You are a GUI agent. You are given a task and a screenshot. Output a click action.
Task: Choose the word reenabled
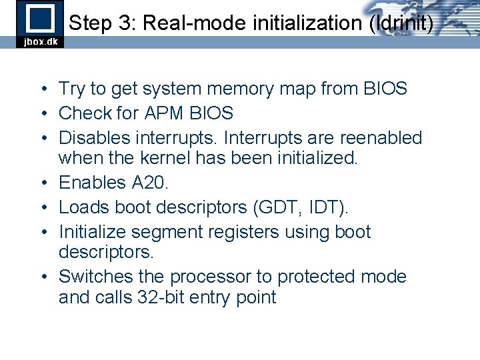coord(381,138)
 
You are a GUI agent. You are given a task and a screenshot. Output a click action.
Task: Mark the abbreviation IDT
coord(328,207)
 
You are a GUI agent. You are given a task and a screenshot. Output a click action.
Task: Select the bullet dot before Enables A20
coord(42,183)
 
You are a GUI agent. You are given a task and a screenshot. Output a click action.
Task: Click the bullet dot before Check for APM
coord(42,114)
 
